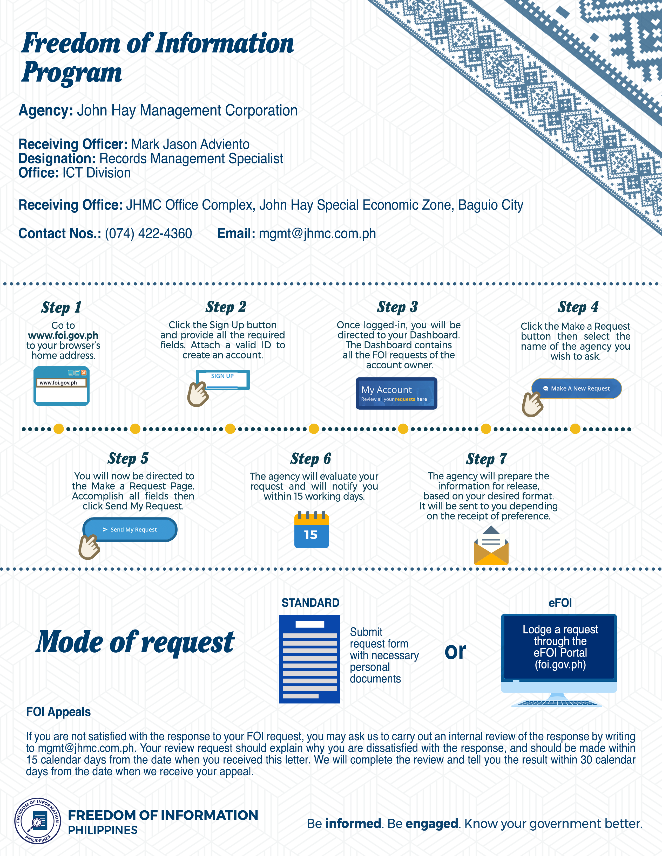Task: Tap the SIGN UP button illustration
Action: pos(222,379)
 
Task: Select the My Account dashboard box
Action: pos(396,394)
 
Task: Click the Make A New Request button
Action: pos(577,388)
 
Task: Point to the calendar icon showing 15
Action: pos(311,530)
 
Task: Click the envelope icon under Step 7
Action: pos(491,546)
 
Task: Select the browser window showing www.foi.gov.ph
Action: pos(62,386)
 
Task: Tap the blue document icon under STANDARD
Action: pos(309,659)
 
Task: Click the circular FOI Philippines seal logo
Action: pos(38,821)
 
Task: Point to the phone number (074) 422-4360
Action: pos(148,234)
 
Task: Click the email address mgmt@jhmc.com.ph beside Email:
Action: pos(317,234)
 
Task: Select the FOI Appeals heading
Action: pos(58,712)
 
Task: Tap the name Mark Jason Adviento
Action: pos(190,144)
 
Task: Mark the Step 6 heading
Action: pos(310,459)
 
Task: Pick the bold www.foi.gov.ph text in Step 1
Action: pos(63,335)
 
